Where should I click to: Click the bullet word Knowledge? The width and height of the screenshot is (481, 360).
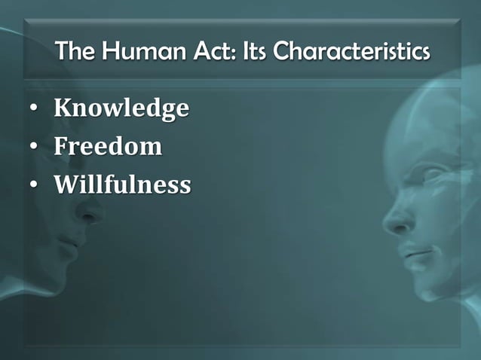pyautogui.click(x=121, y=109)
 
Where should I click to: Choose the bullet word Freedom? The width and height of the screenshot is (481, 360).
pyautogui.click(x=108, y=145)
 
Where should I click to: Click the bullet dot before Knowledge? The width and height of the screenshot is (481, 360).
pyautogui.click(x=34, y=110)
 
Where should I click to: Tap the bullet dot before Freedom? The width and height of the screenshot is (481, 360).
pyautogui.click(x=34, y=147)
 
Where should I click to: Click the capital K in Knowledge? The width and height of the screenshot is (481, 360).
pyautogui.click(x=63, y=109)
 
